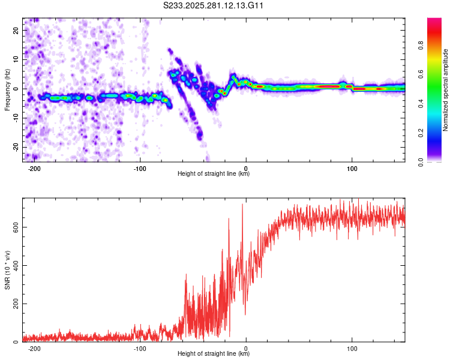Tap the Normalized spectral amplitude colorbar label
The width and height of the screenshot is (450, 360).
[x=445, y=90]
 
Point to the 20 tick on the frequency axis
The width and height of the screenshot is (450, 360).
[x=16, y=30]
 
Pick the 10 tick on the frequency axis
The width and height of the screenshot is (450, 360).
[x=16, y=59]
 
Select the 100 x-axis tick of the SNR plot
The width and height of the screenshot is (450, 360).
[x=352, y=348]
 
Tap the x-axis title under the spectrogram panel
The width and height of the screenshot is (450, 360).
[x=214, y=174]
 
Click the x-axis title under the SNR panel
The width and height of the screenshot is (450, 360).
[x=214, y=354]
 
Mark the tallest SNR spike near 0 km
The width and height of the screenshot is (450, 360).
[x=242, y=205]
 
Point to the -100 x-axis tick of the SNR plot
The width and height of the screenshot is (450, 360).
[x=140, y=348]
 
